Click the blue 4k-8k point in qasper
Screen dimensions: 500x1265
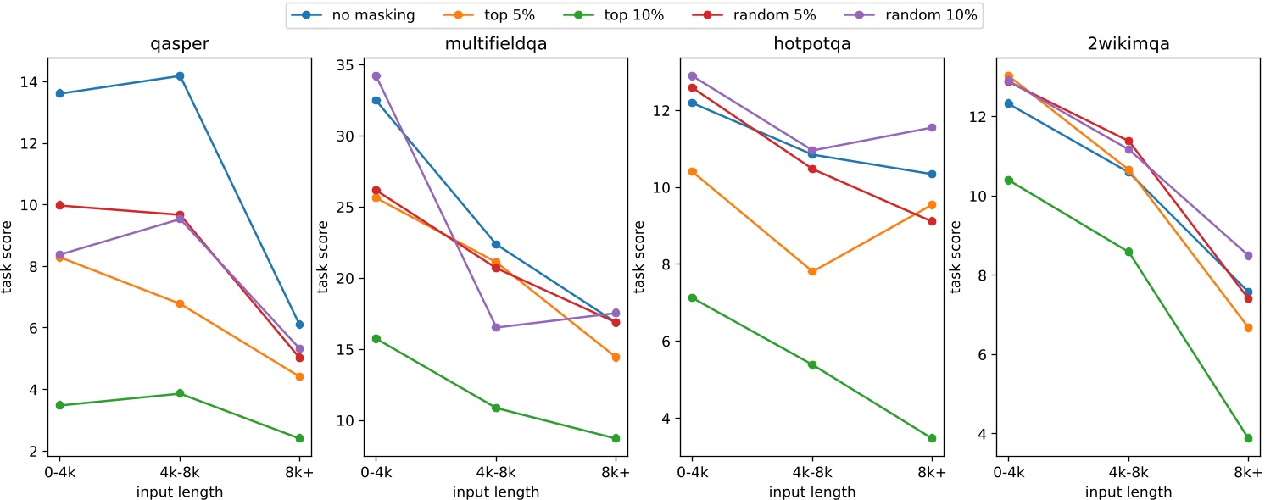click(180, 76)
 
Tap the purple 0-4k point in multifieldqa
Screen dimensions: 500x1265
click(376, 76)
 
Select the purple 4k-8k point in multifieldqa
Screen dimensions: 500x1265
click(496, 327)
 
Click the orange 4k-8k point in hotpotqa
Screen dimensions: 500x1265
click(812, 272)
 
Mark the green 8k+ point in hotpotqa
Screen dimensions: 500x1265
click(932, 438)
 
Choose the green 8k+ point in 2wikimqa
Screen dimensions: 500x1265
click(1248, 438)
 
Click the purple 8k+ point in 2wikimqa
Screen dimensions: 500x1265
click(1248, 255)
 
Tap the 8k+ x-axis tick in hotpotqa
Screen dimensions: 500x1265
click(932, 473)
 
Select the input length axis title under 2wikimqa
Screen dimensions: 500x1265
click(1128, 491)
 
